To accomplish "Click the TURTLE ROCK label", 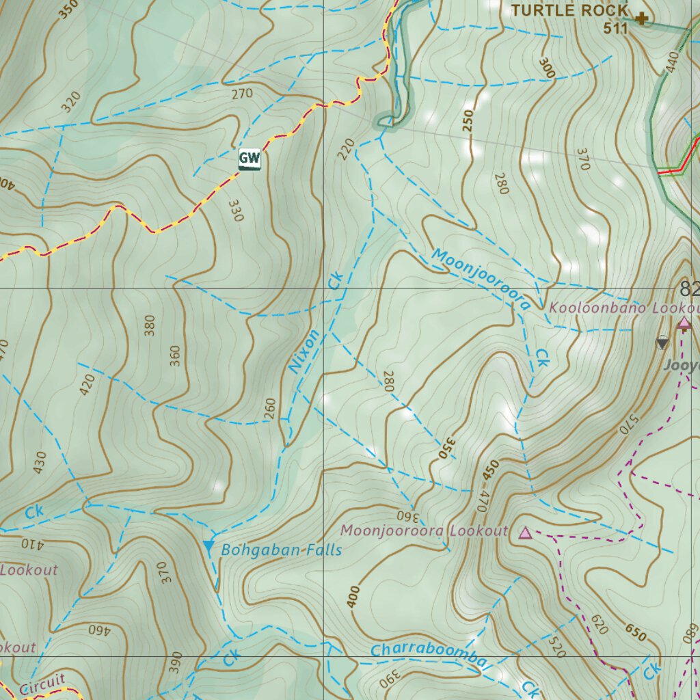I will pos(569,11).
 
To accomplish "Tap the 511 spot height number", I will pos(615,28).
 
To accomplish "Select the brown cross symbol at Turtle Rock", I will pos(641,18).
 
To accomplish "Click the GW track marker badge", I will pos(250,159).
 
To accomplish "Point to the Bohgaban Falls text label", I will pos(281,550).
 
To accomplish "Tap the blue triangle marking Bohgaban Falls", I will pos(208,546).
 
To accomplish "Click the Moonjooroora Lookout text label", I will pos(425,531).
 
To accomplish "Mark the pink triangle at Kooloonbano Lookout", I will pos(683,323).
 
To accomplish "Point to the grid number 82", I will pos(689,288).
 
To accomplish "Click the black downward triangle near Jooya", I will pos(662,343).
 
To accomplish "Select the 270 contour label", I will pos(242,94).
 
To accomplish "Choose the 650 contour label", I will pos(636,632).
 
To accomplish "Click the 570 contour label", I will pos(626,424).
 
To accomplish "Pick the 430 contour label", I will pos(39,462).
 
